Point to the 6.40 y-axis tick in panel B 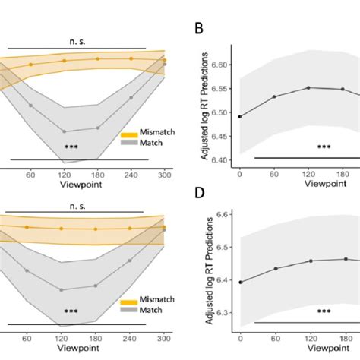221,159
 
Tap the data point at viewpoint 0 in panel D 241,282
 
